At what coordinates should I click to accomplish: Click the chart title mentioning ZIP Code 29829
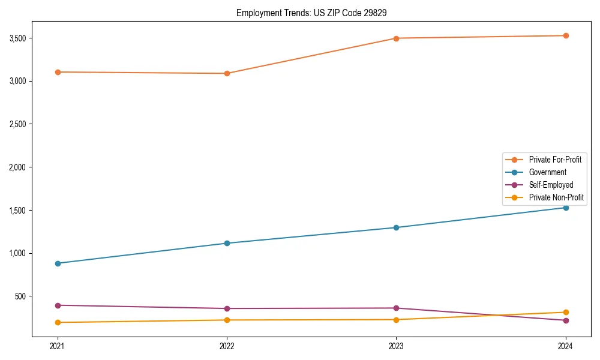click(300, 13)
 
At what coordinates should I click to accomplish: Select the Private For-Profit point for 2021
click(58, 72)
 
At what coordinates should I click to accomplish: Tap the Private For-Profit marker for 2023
click(397, 38)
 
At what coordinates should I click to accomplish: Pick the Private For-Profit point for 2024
click(566, 35)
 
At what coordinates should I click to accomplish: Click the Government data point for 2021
click(58, 263)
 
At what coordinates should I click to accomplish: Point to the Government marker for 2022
click(227, 243)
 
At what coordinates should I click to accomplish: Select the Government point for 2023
click(397, 227)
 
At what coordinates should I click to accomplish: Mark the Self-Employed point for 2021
click(58, 305)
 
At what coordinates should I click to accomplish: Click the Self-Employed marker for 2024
click(566, 320)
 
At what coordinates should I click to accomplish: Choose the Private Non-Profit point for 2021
click(58, 322)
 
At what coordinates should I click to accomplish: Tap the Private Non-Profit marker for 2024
click(566, 312)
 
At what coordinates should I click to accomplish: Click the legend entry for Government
click(547, 172)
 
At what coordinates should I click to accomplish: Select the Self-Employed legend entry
click(551, 185)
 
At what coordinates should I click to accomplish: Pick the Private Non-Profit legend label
click(556, 197)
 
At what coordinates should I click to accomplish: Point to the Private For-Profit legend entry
click(554, 160)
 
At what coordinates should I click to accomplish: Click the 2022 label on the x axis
click(227, 346)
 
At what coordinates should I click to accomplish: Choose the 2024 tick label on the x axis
click(566, 346)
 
